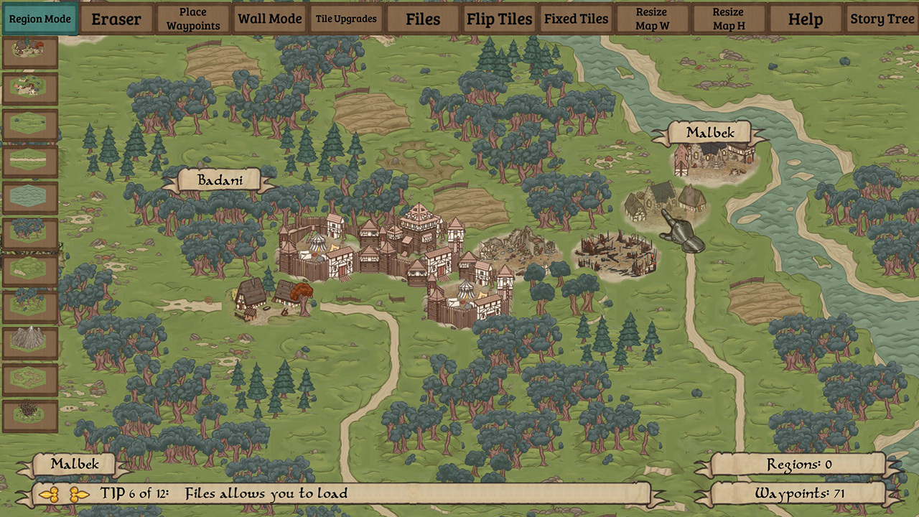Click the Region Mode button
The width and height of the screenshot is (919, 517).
40,19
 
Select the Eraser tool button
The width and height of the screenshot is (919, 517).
116,19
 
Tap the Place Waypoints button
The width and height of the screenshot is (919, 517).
193,19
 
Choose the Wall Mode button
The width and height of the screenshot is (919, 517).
270,19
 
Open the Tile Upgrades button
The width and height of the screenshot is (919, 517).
347,19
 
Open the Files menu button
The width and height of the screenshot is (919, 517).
423,19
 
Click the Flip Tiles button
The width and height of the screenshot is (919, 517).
500,19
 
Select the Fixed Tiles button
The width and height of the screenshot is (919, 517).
576,19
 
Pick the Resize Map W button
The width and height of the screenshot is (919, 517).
652,19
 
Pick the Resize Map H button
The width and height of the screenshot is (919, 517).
728,19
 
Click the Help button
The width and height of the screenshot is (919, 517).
805,19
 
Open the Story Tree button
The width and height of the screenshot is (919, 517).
882,19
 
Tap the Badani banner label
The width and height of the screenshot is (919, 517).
218,180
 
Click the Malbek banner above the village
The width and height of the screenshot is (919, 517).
710,133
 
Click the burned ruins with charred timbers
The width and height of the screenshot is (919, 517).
615,255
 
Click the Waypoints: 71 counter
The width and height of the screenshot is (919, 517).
798,493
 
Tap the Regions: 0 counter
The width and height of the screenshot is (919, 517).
798,465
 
